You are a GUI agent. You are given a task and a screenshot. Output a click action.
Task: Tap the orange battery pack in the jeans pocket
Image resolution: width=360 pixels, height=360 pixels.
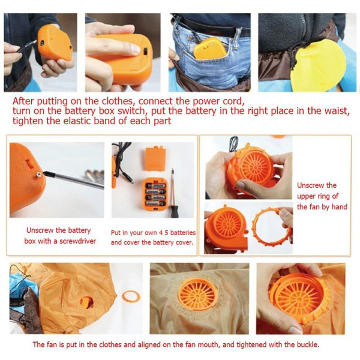pyautogui.click(x=210, y=49)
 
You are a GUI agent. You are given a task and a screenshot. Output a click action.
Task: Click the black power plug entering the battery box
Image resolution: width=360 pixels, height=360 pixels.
pyautogui.click(x=27, y=46)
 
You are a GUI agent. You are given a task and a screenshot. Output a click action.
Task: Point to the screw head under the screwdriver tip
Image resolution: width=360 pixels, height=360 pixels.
pyautogui.click(x=39, y=175)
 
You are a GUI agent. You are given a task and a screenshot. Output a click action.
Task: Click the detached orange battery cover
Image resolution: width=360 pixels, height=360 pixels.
pyautogui.click(x=155, y=158)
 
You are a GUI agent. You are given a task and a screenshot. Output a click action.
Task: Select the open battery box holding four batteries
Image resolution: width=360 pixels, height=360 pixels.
pyautogui.click(x=154, y=194)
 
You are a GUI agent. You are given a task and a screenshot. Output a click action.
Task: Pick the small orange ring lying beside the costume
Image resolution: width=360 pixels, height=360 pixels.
pyautogui.click(x=131, y=296)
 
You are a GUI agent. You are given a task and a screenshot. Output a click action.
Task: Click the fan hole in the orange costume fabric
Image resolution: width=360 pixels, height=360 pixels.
pyautogui.click(x=86, y=302)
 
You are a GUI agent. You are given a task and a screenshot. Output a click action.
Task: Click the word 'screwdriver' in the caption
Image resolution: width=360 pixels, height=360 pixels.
pyautogui.click(x=77, y=241)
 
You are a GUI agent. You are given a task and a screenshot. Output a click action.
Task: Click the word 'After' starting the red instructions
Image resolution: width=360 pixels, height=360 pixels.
pyautogui.click(x=23, y=101)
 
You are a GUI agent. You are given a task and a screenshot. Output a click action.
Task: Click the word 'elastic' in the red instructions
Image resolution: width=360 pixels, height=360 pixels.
pyautogui.click(x=77, y=121)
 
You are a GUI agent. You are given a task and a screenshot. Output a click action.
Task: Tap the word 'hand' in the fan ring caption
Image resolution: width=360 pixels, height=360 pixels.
pyautogui.click(x=340, y=206)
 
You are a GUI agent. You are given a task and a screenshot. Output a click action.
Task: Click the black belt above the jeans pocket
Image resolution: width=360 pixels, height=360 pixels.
pyautogui.click(x=211, y=26)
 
